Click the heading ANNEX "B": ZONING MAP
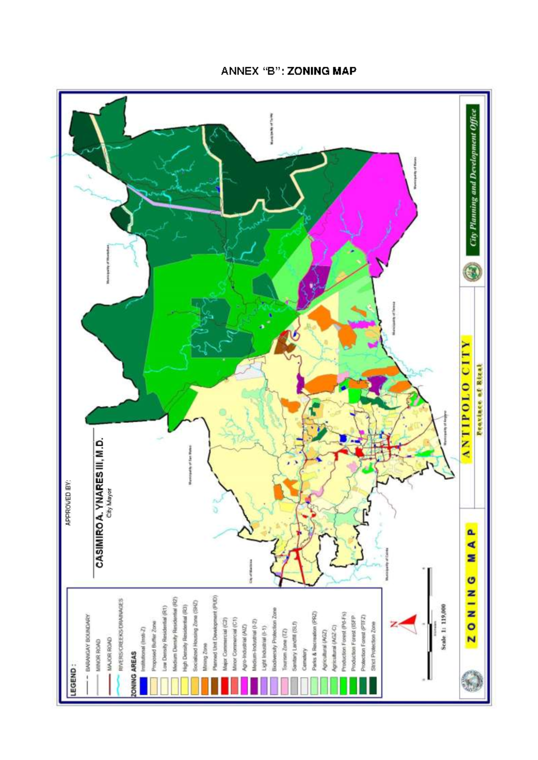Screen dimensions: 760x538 click(x=289, y=71)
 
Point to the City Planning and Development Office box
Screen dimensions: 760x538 click(x=473, y=180)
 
